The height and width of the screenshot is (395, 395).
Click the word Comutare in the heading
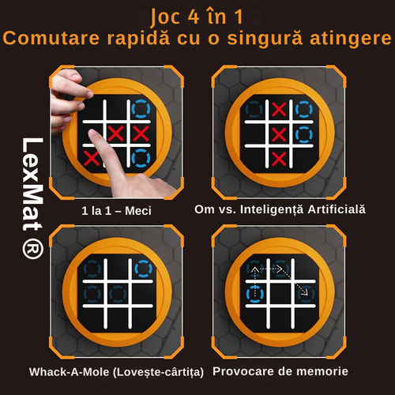tap(51, 38)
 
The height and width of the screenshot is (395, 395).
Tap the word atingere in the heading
tap(351, 39)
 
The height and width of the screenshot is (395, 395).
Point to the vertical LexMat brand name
tap(32, 184)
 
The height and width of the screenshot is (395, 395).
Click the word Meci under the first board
tap(138, 211)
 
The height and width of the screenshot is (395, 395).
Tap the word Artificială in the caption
tap(337, 209)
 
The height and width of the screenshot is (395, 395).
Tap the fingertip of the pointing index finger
tap(92, 134)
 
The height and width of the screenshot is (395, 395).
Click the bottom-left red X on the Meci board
tap(91, 157)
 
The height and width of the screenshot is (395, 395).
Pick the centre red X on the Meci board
tap(116, 134)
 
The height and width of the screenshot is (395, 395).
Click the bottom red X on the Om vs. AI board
tap(279, 159)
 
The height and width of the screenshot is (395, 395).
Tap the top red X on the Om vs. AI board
tap(279, 109)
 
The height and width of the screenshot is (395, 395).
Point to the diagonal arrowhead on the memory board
tap(305, 292)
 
